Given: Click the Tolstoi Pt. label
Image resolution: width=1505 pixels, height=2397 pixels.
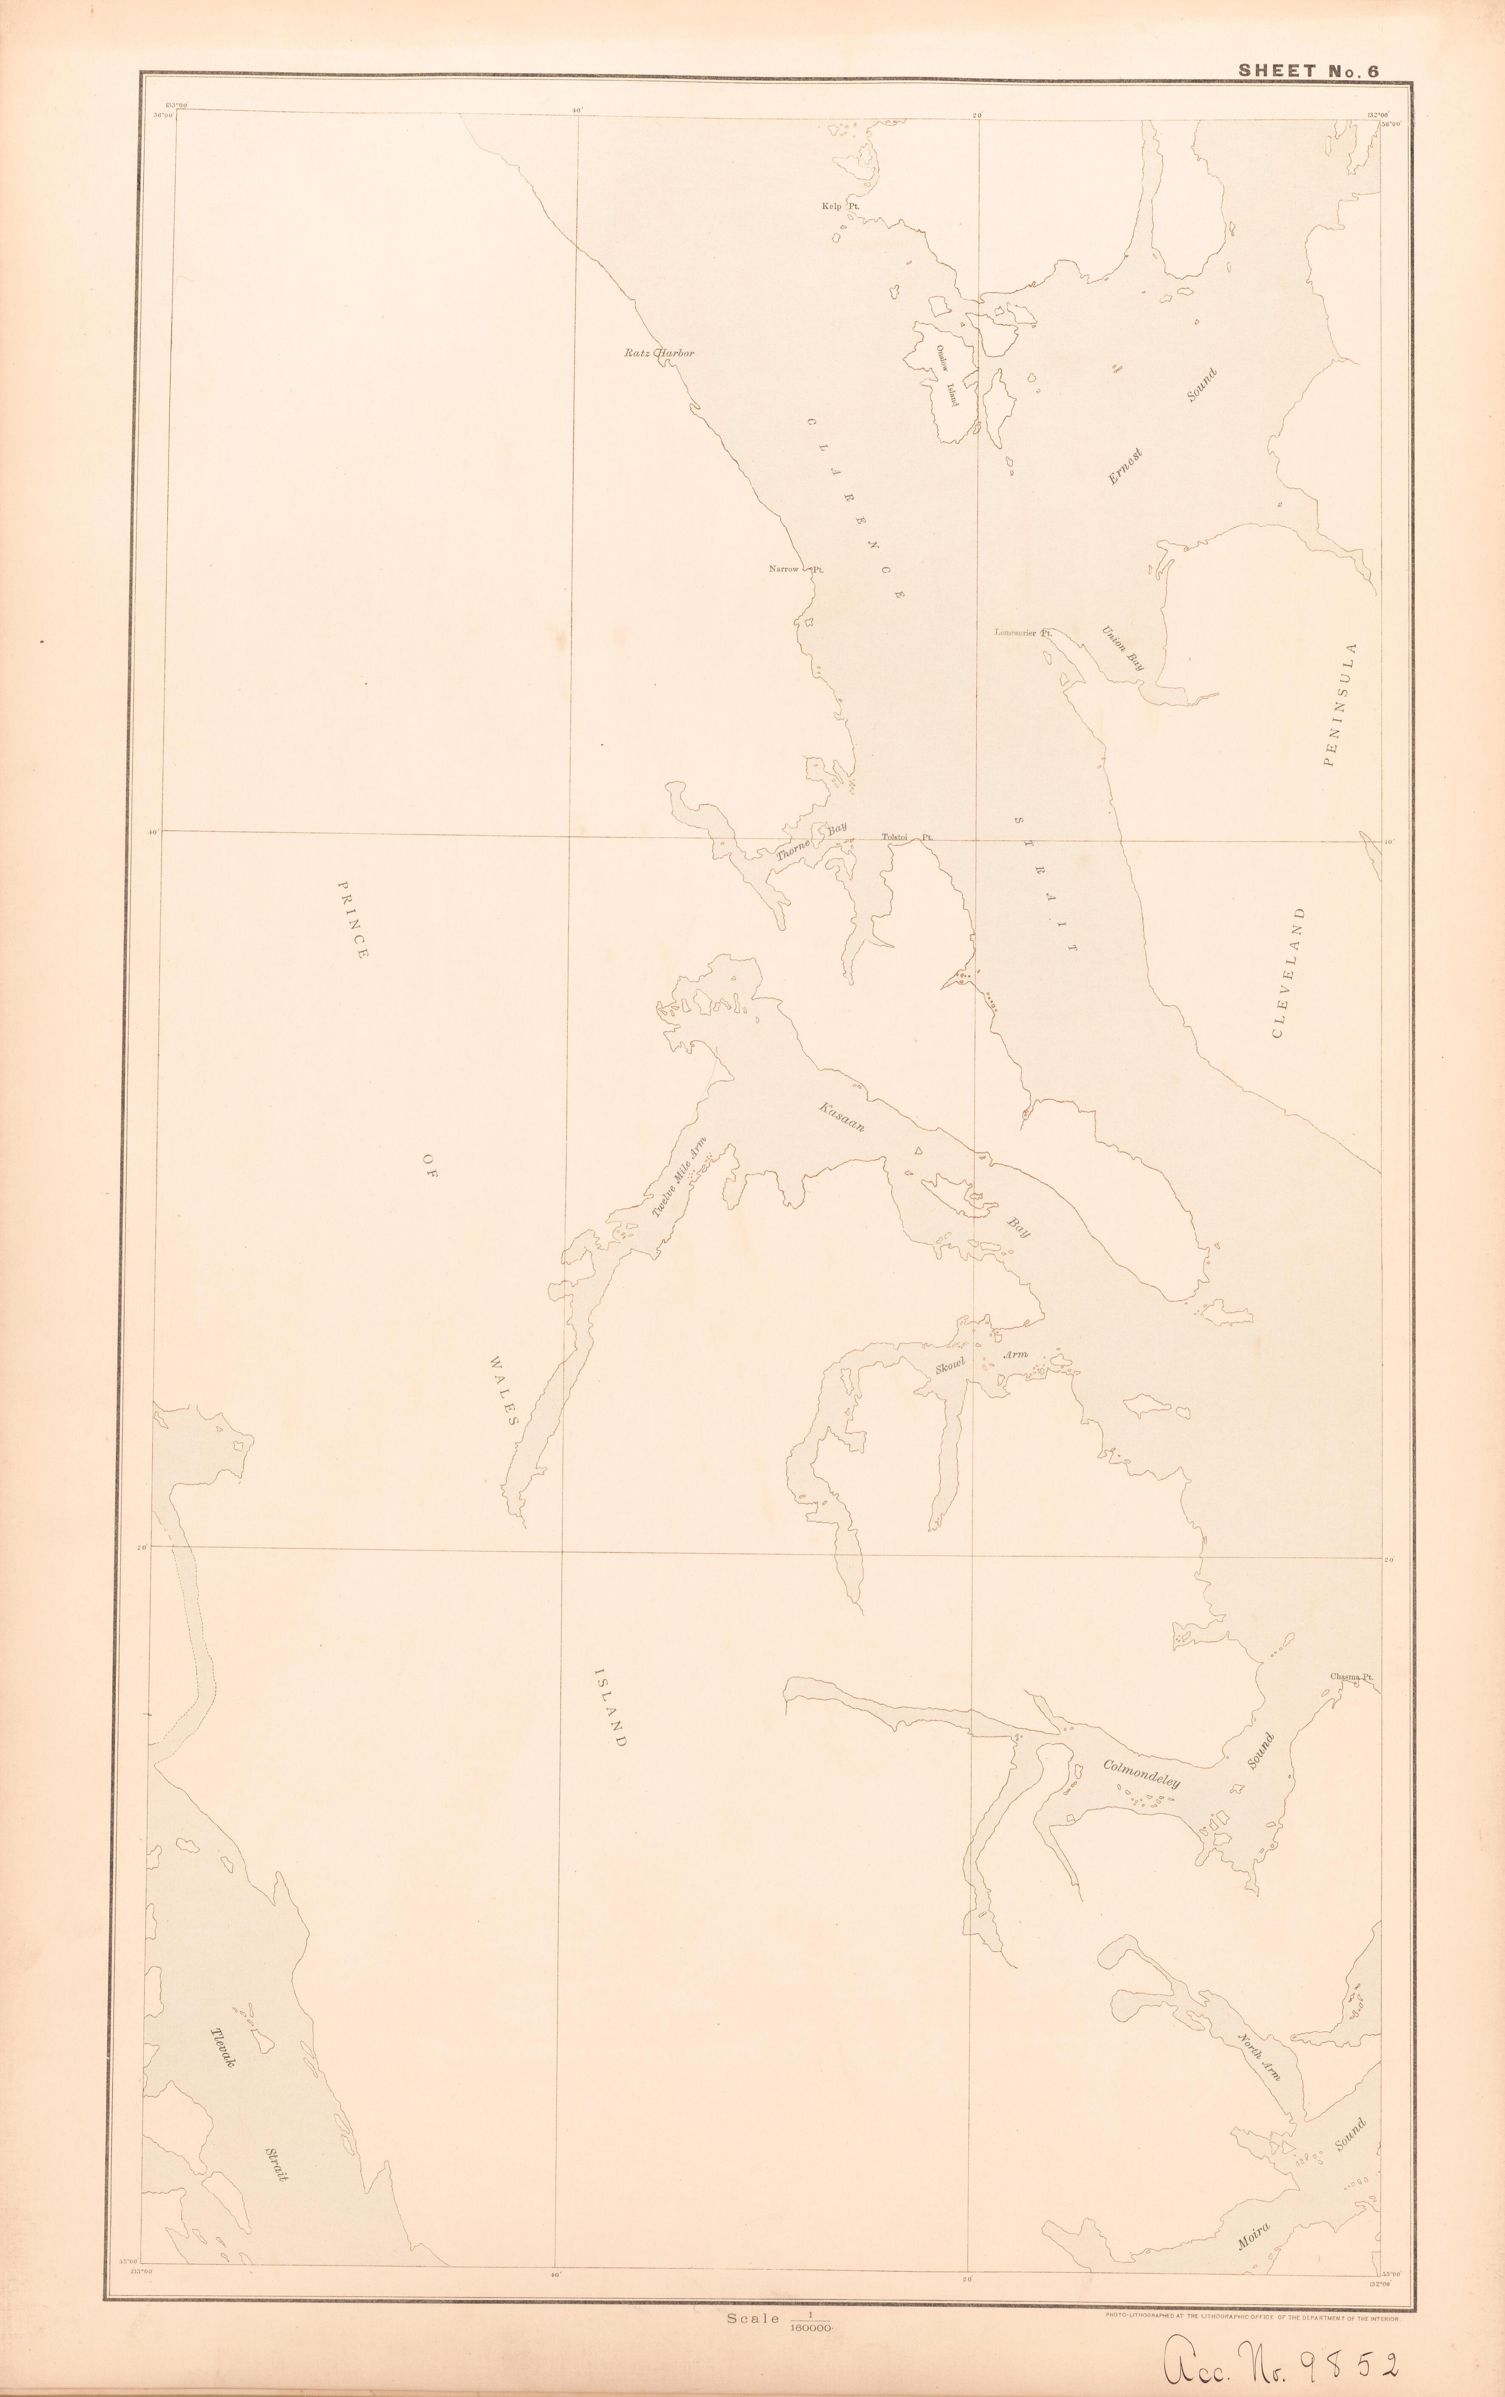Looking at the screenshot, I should (907, 838).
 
